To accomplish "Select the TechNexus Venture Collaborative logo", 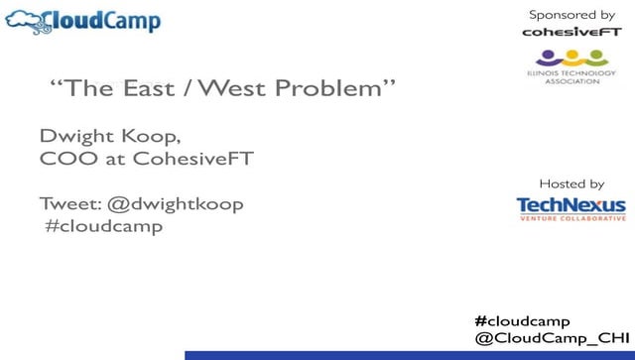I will [x=571, y=208].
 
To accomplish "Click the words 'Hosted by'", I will [x=571, y=183].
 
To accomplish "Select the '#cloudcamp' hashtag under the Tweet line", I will [x=103, y=225].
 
